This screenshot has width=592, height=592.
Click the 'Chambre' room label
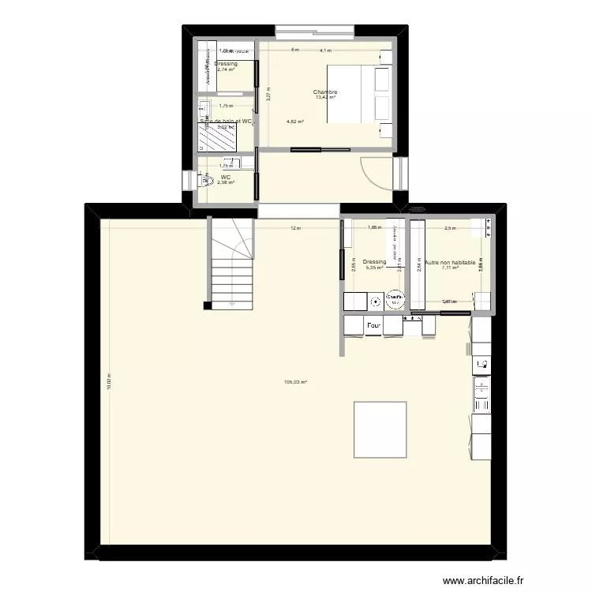coord(325,92)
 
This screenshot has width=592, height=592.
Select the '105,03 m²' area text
coord(295,383)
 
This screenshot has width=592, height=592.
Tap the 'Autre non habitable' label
coord(450,262)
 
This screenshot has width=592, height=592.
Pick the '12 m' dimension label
coord(295,229)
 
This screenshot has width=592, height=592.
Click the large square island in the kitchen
coord(380,429)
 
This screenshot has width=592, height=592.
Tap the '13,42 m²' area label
coord(325,98)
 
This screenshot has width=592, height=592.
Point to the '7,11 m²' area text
coord(450,268)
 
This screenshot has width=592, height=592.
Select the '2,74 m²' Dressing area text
coord(226,70)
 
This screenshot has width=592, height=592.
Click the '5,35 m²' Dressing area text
coord(374,268)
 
